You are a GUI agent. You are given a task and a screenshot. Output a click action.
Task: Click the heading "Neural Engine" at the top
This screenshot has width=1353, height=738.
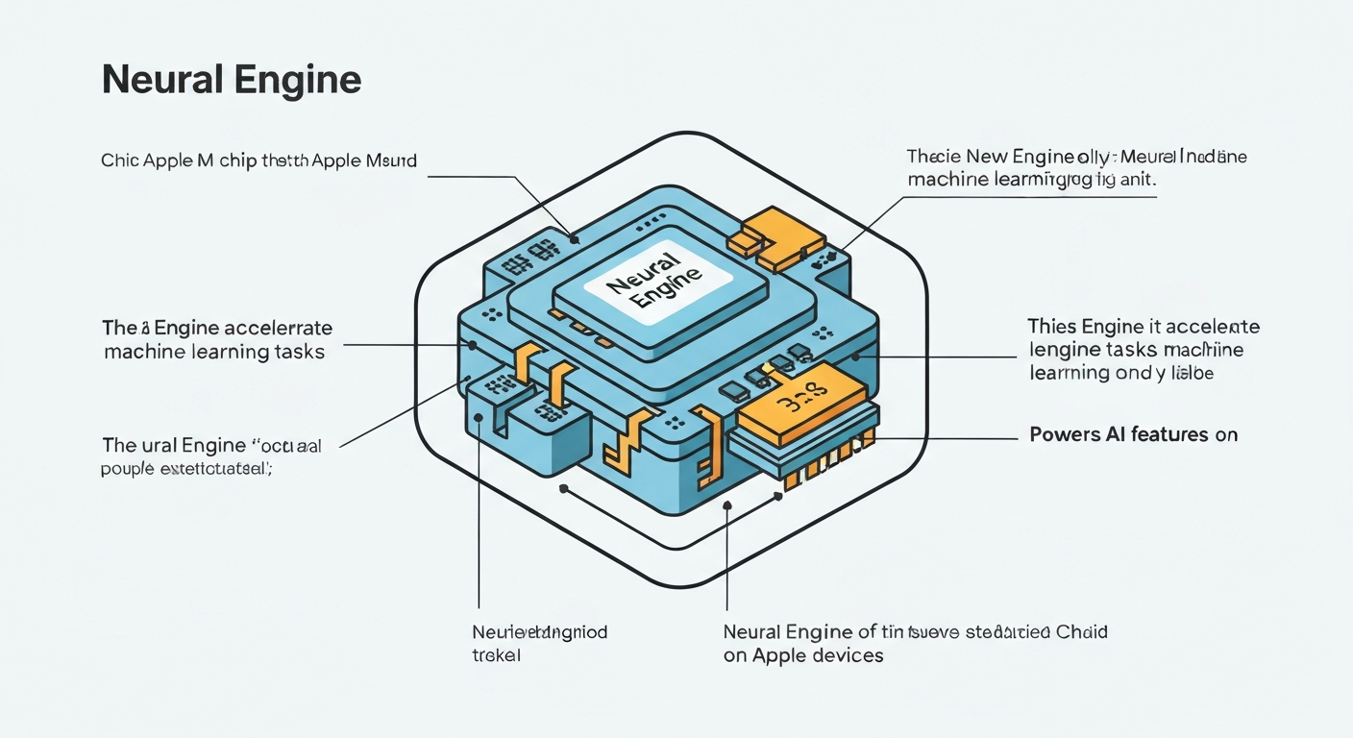tap(231, 81)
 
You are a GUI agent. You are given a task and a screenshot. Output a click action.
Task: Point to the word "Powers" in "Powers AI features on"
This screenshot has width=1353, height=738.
tap(1063, 434)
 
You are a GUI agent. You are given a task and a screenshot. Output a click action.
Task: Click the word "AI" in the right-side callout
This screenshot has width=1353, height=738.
tap(1117, 434)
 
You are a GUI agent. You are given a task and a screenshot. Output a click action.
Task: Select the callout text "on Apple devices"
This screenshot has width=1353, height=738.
tap(802, 656)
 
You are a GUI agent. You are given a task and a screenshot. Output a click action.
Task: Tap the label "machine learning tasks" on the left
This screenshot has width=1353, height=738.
tap(213, 352)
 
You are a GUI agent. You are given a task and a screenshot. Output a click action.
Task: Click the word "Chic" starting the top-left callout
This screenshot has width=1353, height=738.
tap(119, 160)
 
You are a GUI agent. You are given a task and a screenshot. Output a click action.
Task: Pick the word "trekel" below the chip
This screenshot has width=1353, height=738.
tap(496, 656)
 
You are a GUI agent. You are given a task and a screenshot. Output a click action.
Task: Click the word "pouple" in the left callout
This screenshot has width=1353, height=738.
tap(126, 470)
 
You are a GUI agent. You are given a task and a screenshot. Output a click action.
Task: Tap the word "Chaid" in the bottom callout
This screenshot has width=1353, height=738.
tap(1081, 632)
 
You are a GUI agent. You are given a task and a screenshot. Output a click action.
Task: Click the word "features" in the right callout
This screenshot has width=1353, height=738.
tap(1171, 434)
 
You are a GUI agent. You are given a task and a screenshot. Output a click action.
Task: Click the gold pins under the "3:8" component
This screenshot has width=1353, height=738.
tap(824, 471)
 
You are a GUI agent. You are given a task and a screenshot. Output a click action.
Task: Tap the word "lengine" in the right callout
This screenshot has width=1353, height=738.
tap(1061, 350)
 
